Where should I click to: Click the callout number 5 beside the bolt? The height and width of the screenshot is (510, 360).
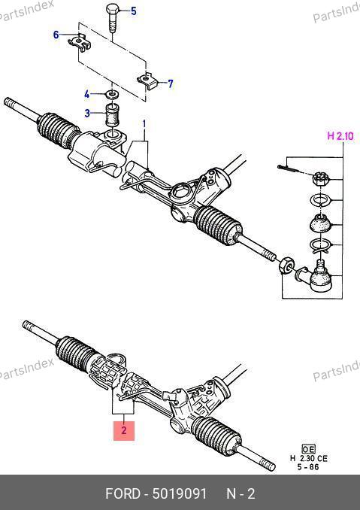click(x=134, y=11)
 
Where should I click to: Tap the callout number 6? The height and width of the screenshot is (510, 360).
click(x=56, y=35)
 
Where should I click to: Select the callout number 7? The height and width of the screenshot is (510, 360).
click(x=171, y=84)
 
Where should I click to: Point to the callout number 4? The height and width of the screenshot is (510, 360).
click(x=86, y=95)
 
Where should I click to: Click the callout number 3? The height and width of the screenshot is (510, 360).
click(x=87, y=113)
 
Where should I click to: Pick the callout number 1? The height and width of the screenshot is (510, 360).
click(x=144, y=124)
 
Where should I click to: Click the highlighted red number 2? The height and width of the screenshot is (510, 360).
click(x=124, y=430)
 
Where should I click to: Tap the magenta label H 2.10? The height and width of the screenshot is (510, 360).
click(x=340, y=135)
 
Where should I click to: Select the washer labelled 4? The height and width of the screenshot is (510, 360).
click(x=112, y=95)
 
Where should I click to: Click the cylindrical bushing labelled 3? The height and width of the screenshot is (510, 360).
click(x=113, y=114)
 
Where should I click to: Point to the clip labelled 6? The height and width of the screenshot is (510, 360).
click(x=79, y=43)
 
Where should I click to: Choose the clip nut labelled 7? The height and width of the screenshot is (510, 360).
click(x=147, y=81)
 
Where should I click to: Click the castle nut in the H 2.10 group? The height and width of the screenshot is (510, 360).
click(x=320, y=179)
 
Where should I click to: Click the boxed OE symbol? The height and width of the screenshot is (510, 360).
click(x=308, y=449)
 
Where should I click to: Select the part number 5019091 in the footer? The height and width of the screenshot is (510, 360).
click(x=179, y=493)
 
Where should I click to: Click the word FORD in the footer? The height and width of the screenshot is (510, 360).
click(x=123, y=493)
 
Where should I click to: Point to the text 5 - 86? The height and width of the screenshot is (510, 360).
click(x=308, y=467)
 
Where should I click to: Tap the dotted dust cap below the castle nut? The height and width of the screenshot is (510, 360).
click(x=320, y=223)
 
